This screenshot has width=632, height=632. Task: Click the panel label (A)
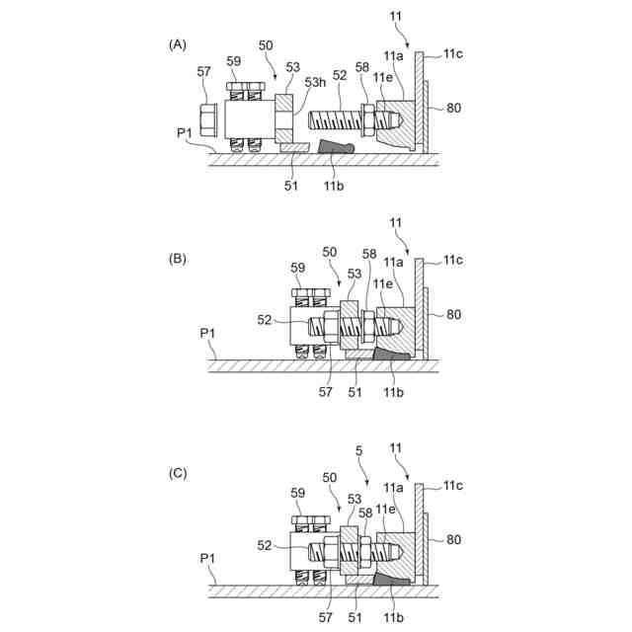(178, 44)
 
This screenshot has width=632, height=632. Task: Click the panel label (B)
(178, 259)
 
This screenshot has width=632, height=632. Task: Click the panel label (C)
(178, 473)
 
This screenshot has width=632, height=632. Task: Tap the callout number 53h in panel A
(315, 83)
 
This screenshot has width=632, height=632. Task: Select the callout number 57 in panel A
(204, 71)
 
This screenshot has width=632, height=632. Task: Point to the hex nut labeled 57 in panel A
(209, 121)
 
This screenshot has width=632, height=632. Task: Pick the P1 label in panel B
(208, 334)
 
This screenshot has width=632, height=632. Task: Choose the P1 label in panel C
(208, 558)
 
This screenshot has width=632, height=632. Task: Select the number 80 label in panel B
(453, 315)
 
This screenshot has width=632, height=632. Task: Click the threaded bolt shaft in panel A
(336, 121)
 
